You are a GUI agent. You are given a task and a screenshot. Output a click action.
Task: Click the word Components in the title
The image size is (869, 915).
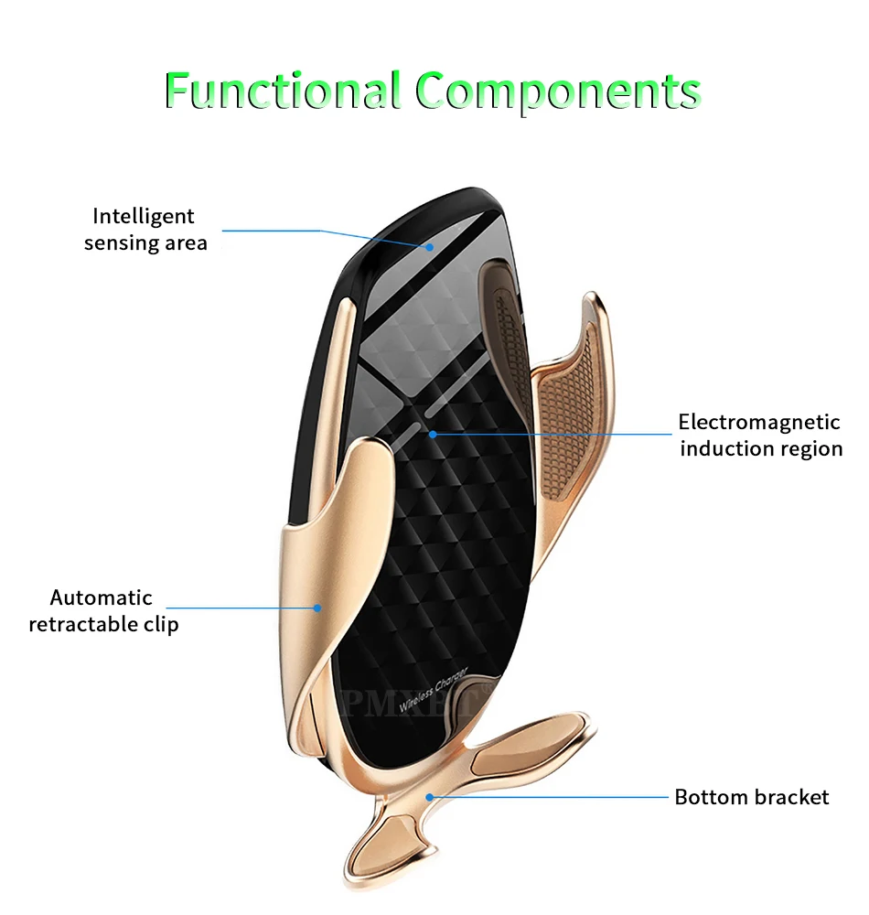[x=558, y=92]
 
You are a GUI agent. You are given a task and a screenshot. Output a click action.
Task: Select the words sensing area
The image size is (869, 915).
[x=145, y=242]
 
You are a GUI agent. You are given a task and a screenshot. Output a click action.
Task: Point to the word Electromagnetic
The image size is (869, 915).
[x=758, y=422]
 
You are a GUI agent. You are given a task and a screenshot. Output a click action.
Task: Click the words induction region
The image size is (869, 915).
[x=760, y=448]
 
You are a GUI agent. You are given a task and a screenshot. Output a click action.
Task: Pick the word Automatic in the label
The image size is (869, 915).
[x=101, y=597]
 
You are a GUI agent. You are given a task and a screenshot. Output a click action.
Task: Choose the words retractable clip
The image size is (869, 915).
[x=103, y=624]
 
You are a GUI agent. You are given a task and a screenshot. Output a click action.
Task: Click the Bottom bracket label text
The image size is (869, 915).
[x=751, y=797]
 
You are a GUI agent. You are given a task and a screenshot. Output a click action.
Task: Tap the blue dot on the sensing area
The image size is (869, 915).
[x=428, y=245]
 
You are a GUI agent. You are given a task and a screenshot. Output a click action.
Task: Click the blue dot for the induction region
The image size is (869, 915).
[x=433, y=434]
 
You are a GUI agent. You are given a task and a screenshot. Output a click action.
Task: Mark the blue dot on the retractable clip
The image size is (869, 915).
[x=318, y=607]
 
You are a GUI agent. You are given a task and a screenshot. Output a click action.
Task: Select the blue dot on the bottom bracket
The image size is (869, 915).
[x=428, y=797]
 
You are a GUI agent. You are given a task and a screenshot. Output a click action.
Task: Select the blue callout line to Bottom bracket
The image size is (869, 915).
[x=549, y=797]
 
